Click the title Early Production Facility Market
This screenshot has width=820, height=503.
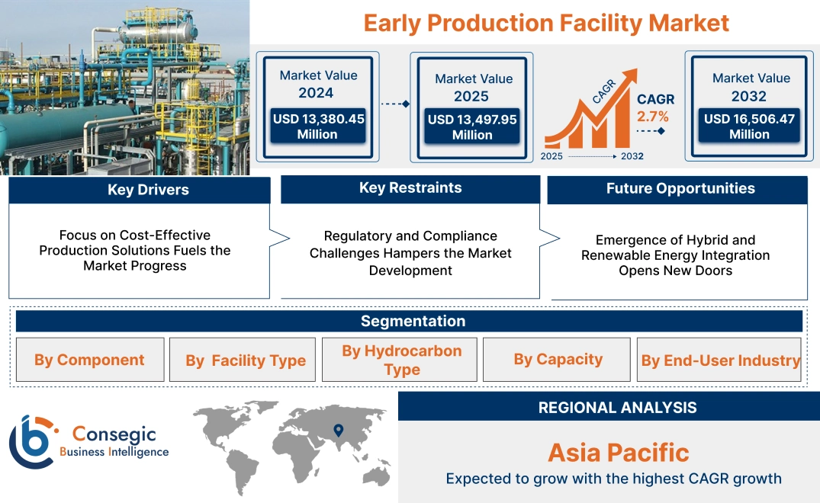546,23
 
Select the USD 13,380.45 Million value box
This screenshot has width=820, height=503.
318,127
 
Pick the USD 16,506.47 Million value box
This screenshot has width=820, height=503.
749,127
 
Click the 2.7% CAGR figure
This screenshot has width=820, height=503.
652,117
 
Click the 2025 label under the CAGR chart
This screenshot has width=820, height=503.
553,156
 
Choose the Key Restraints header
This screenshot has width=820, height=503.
410,188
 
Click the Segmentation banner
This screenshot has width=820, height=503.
413,321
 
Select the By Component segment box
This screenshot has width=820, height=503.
89,360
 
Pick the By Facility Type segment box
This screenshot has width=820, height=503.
246,360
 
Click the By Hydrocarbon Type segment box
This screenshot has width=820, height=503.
401,360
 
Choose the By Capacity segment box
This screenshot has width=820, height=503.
558,359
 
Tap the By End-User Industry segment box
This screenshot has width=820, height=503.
720,360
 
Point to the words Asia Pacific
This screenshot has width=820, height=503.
618,453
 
